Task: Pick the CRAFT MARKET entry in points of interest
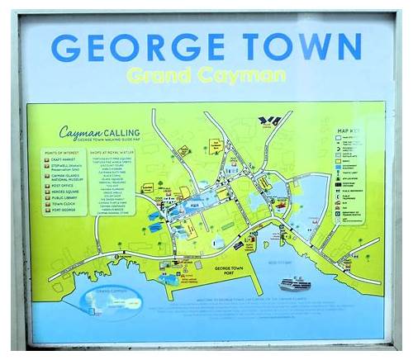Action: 69,159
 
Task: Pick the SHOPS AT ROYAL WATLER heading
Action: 119,149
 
